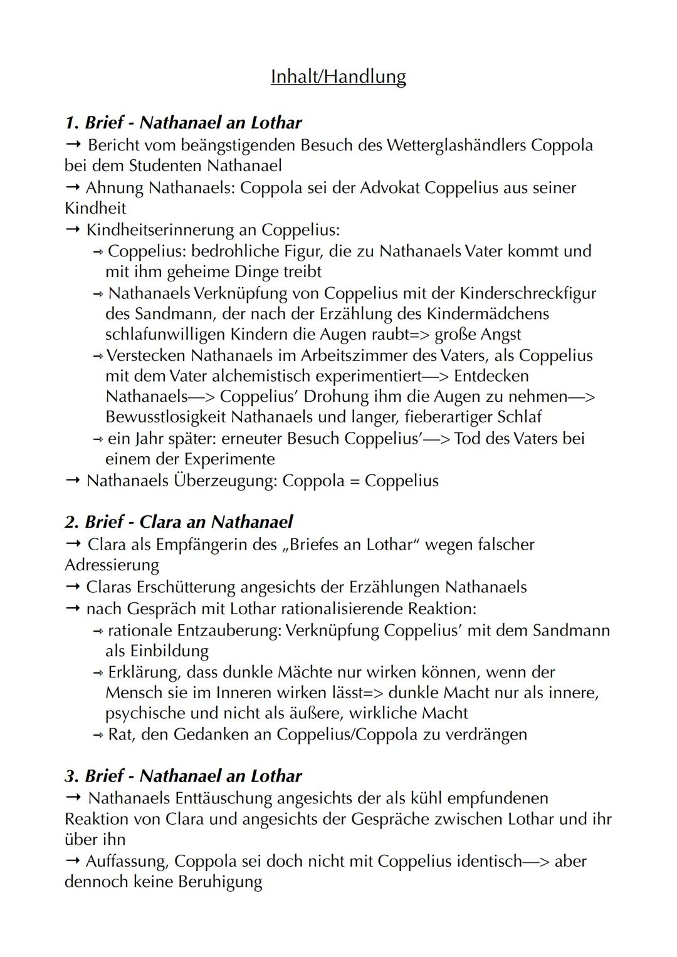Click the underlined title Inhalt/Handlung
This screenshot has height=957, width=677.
point(338,76)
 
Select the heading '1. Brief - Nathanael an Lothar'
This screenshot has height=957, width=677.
point(183,122)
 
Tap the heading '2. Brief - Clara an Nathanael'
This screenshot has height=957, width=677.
point(179,521)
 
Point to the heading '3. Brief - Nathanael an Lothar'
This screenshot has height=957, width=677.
point(183,776)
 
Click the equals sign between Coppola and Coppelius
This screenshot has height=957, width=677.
point(355,481)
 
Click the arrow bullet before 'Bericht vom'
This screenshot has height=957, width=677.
point(73,145)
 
